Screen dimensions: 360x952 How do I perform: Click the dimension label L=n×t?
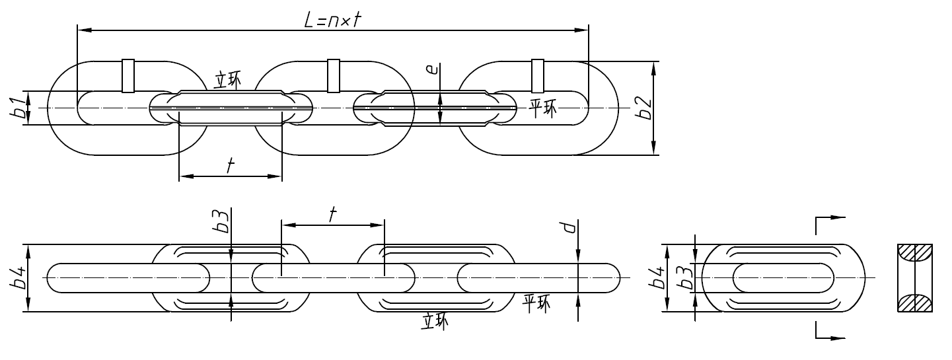pos(332,20)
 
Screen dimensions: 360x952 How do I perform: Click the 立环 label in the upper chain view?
pos(227,80)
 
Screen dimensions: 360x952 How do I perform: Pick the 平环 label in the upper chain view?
pos(542,108)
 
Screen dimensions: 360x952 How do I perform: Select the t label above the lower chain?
pos(332,213)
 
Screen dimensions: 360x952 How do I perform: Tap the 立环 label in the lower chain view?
pos(434,321)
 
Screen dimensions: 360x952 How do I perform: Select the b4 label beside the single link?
pos(657,278)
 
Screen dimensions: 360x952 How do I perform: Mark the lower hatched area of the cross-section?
pos(915,303)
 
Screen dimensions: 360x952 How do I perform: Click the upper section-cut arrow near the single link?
pos(832,217)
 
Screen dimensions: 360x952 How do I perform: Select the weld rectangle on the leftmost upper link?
pos(128,76)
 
